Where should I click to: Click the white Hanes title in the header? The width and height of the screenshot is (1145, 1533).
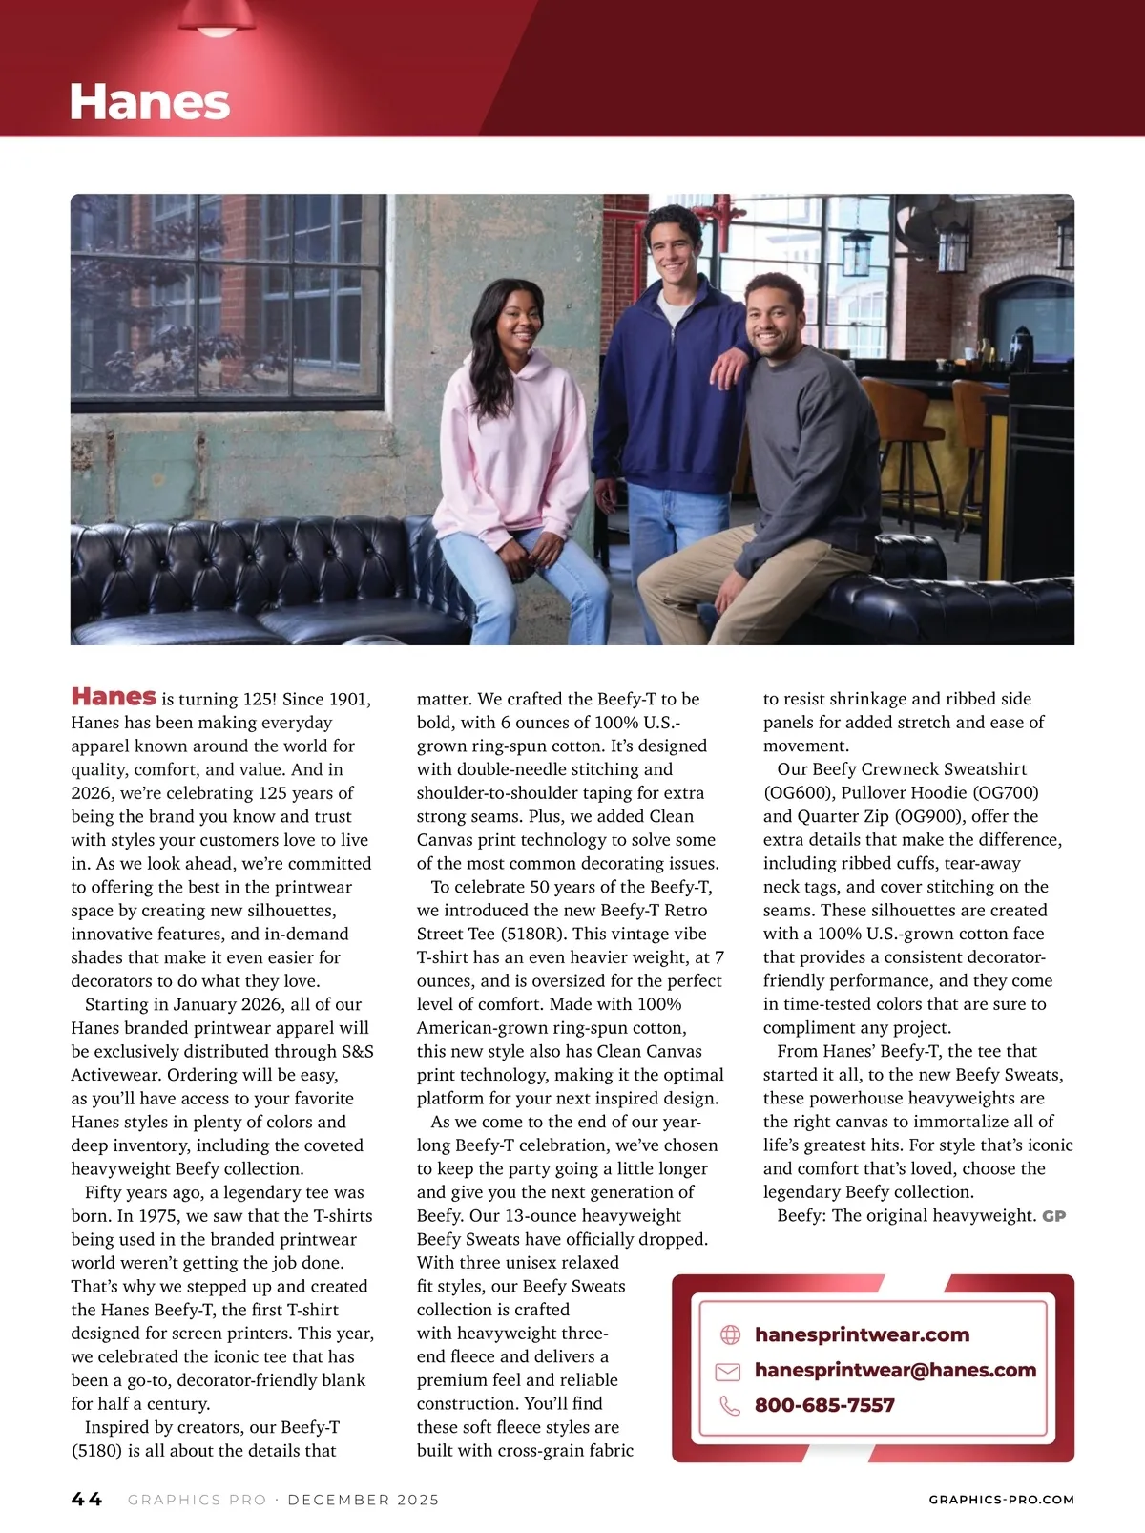pos(149,102)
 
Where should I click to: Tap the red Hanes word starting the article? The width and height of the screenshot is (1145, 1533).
pos(114,696)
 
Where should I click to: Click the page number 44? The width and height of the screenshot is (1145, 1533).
pos(87,1500)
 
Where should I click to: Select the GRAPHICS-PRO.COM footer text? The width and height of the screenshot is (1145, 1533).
pos(1001,1500)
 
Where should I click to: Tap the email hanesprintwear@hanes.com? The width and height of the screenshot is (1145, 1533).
pos(895,1370)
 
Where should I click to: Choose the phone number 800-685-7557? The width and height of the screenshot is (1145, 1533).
pos(824,1405)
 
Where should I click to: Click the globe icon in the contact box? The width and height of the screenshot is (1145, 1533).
pos(730,1334)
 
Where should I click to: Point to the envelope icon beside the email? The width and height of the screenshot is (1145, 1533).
pos(728,1371)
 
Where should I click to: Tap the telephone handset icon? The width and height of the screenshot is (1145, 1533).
pos(730,1405)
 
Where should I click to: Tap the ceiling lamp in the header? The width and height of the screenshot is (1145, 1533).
pos(218,19)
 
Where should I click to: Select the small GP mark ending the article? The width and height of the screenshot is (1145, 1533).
pos(1053,1216)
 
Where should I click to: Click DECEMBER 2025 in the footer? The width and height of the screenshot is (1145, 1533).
pos(364,1500)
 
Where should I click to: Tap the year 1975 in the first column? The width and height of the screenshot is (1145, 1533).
pos(161,1216)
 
